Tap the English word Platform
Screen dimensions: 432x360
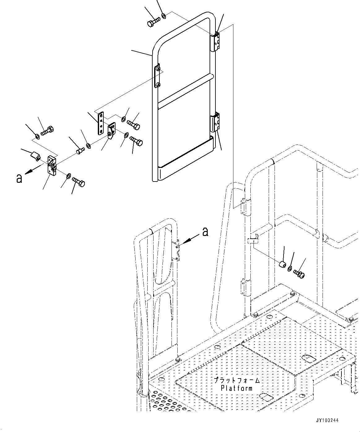tap(236, 388)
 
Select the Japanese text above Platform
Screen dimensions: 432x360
tap(236, 380)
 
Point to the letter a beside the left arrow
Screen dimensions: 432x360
tap(19, 178)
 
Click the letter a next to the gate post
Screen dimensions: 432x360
tap(205, 231)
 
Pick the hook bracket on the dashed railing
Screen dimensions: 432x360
tap(252, 238)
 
